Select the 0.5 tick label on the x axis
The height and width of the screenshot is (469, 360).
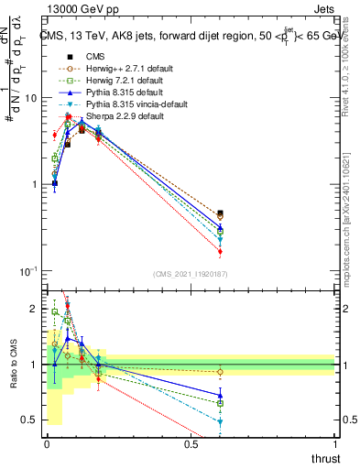[x=191, y=444]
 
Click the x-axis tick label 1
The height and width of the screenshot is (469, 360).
[x=334, y=444]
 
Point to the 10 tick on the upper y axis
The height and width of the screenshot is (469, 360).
[x=30, y=98]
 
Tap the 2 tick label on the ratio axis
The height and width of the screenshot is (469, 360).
[x=33, y=309]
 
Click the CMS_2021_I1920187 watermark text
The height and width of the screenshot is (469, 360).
[x=190, y=274]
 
